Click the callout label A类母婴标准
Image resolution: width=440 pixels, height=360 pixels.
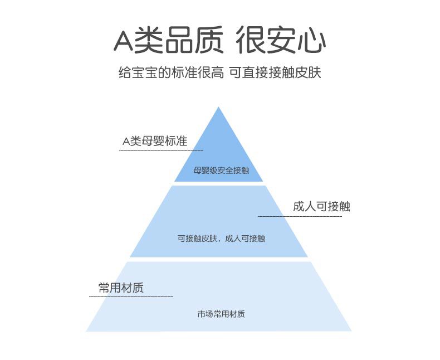pos(154,141)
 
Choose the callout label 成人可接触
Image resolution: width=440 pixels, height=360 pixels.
pos(321,207)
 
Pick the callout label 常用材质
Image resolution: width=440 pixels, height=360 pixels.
pos(121,288)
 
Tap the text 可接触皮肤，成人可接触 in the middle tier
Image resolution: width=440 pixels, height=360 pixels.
pos(221,239)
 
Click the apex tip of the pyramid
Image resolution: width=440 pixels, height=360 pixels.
pos(219,108)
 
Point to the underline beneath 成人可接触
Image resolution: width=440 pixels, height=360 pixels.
pos(300,216)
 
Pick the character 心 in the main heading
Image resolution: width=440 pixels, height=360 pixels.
pos(311,40)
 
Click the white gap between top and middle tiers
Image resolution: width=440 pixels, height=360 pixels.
pos(219,184)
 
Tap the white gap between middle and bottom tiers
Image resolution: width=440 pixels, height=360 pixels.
pos(219,259)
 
